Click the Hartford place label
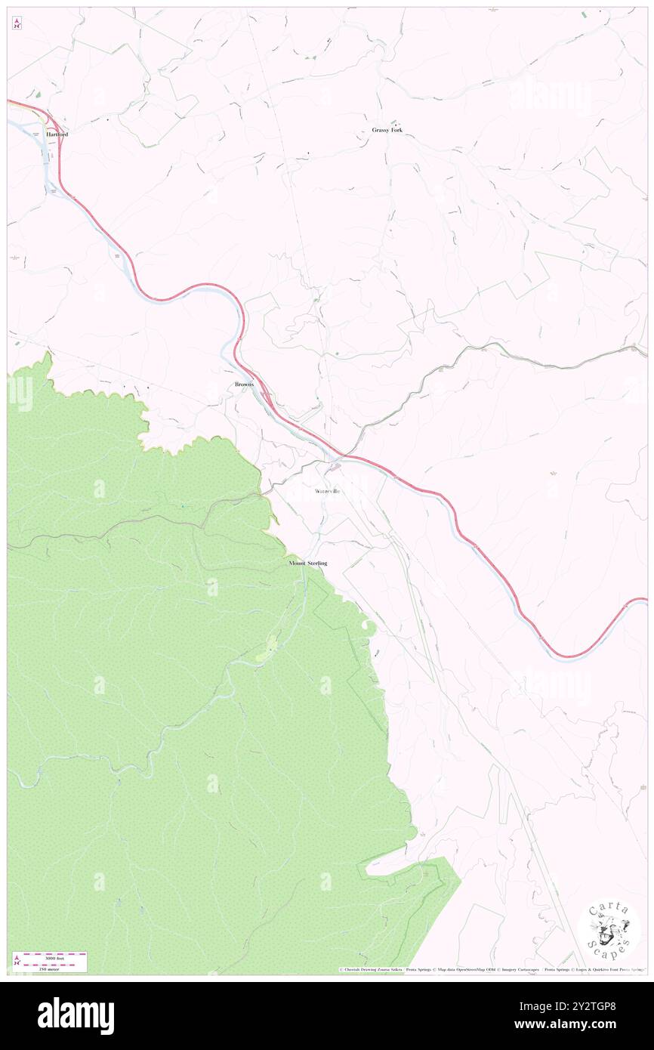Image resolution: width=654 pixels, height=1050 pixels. point(57,134)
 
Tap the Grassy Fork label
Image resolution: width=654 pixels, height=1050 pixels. point(387,130)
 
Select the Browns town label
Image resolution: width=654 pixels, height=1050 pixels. point(244,384)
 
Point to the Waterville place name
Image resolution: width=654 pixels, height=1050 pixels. point(328,491)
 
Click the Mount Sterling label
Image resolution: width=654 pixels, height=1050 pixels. point(308,564)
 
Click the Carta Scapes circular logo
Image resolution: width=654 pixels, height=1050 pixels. point(609,928)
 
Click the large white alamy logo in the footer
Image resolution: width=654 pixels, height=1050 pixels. point(76,1015)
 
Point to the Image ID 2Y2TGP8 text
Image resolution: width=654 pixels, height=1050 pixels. point(585,1006)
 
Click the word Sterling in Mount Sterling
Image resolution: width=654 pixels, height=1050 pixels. point(316,564)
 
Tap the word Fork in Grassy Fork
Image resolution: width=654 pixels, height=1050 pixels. point(396,130)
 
